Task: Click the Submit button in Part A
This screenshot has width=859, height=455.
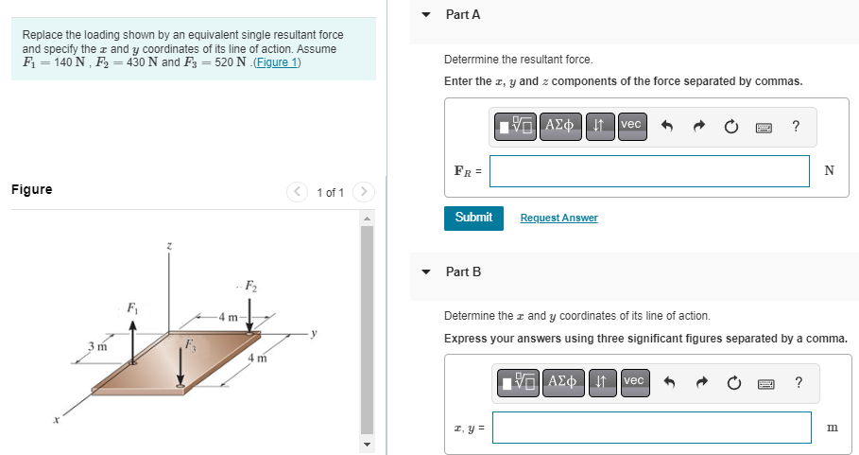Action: (473, 218)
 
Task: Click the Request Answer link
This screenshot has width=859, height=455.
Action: (558, 219)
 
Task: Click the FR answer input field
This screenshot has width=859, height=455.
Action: (649, 171)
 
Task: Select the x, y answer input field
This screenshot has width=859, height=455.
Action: (651, 428)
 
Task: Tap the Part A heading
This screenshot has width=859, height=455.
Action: (463, 15)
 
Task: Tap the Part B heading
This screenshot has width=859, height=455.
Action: (463, 271)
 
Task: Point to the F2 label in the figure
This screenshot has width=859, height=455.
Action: (250, 286)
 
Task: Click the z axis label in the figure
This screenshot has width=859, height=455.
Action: (169, 246)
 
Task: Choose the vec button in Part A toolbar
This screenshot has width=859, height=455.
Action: (631, 125)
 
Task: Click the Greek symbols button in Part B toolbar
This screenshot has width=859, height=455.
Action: (564, 382)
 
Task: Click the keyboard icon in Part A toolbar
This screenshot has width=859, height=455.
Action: (765, 126)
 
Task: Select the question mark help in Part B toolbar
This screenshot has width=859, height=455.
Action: (799, 382)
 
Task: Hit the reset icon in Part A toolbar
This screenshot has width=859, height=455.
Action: (731, 126)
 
